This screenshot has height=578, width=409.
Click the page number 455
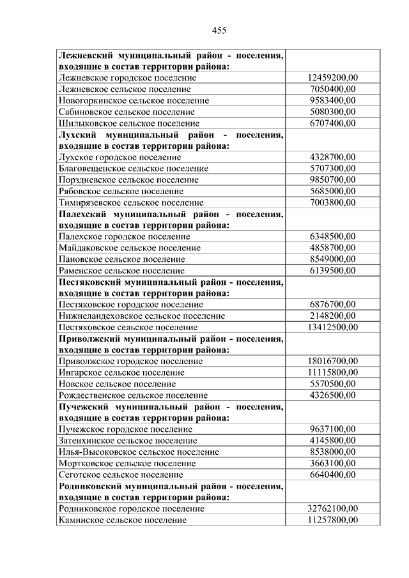[x=219, y=30]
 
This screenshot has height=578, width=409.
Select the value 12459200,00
[x=332, y=77]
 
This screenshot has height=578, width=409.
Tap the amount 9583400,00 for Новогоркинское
[x=332, y=100]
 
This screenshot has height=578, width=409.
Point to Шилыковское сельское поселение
[x=128, y=123]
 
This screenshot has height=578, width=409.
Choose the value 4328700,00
[x=332, y=157]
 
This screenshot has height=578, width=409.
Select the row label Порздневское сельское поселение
[x=128, y=180]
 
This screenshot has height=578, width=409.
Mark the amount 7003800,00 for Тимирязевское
[x=332, y=202]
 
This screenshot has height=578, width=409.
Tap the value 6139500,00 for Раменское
[x=332, y=271]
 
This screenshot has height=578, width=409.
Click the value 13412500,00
[x=332, y=328]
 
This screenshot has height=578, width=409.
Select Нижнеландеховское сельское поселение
[x=141, y=316]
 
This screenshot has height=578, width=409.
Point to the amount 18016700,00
[x=332, y=361]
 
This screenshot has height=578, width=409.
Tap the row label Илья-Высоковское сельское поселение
[x=138, y=452]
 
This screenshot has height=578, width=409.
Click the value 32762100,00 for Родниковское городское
[x=332, y=509]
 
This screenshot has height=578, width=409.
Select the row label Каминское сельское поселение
[x=122, y=521]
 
